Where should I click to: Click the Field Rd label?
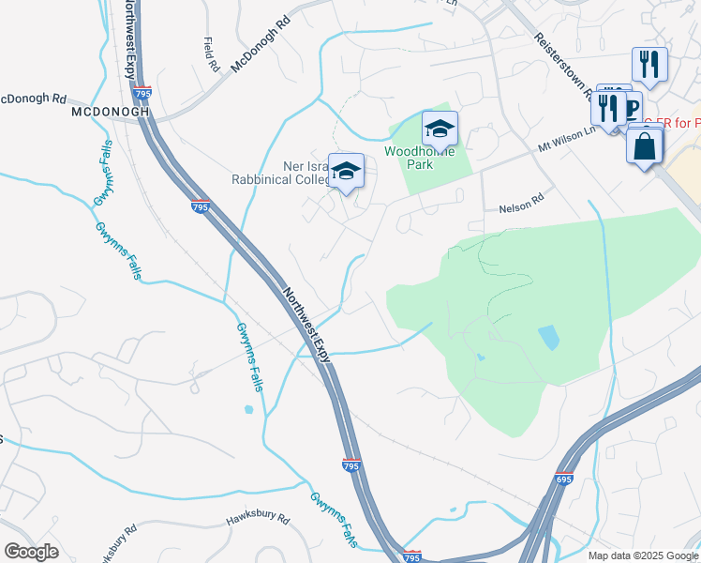211,54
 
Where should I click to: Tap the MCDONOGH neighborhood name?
111,112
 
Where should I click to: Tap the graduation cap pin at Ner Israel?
346,171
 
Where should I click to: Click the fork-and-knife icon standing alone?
649,64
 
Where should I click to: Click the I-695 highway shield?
564,479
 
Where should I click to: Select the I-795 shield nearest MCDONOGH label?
143,94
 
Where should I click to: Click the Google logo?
31,552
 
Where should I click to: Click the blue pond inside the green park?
548,336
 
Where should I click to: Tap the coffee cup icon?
613,93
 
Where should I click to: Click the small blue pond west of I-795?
247,409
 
